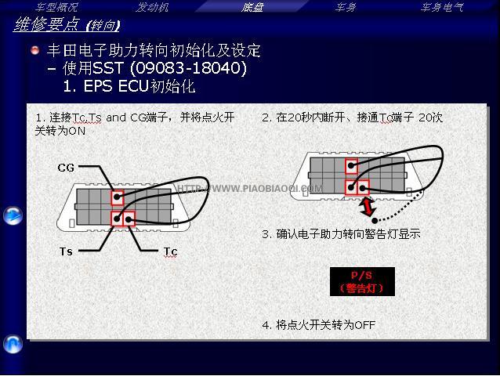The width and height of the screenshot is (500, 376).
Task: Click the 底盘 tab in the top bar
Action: tap(252, 7)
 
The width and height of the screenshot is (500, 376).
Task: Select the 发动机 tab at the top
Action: tap(152, 7)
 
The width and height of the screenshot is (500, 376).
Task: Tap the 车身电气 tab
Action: tap(442, 7)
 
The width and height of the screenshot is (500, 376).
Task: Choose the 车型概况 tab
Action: tap(56, 7)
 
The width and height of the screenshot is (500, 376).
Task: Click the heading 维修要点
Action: tap(46, 24)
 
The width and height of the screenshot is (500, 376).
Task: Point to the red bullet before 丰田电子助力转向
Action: tap(35, 50)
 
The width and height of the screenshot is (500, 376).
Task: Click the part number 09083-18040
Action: tap(189, 68)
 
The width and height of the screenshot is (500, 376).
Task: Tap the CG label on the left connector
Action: tap(66, 168)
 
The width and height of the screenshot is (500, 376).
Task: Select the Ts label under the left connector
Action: tap(66, 251)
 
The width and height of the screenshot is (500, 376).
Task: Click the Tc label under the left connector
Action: tap(170, 251)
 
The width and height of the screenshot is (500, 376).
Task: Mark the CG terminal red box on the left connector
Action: tap(118, 197)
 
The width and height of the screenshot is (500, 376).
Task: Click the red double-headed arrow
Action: tap(368, 207)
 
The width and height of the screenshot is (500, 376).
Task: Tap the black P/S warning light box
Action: tap(362, 282)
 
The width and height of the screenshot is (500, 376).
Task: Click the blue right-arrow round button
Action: tap(13, 215)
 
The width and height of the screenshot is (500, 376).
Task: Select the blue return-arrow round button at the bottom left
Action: tap(13, 345)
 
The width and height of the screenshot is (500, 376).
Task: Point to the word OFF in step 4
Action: tap(364, 325)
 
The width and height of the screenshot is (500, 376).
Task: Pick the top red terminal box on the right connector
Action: tap(351, 166)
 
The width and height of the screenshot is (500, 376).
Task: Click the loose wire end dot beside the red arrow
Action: tap(375, 220)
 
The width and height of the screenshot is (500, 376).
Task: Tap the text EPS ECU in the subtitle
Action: tap(116, 86)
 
